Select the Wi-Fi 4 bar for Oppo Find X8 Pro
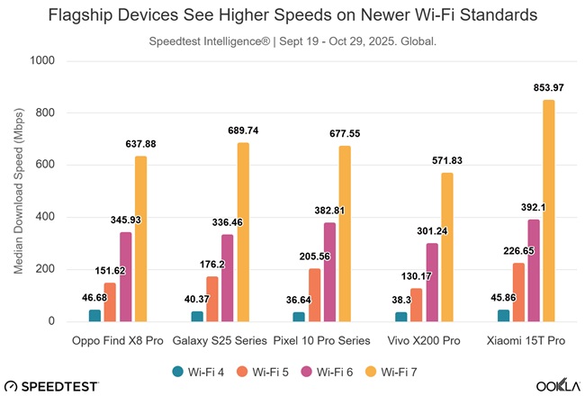94,316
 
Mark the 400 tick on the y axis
46,217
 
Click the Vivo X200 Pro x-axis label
423,343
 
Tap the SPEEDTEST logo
52,384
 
